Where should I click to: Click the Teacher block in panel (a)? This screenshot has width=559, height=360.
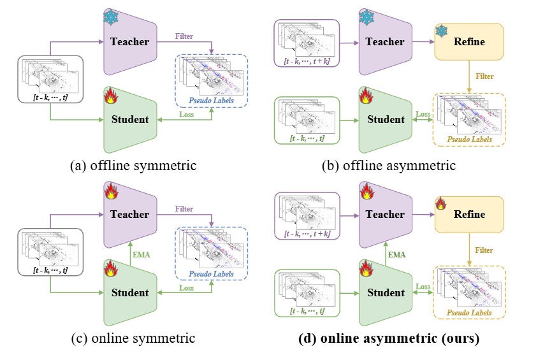130,42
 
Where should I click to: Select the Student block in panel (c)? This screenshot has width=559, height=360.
130,292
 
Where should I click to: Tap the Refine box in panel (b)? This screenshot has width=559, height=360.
468,42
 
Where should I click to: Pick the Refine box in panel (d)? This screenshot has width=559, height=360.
468,214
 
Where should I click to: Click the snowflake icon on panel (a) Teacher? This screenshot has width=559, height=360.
111,17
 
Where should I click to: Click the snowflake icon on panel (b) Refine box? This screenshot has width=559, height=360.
441,31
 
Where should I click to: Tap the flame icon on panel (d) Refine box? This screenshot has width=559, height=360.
440,203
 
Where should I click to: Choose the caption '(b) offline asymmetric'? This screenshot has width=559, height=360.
388,166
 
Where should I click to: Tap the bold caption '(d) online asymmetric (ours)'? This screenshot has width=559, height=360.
388,338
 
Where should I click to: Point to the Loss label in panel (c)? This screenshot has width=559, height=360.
187,287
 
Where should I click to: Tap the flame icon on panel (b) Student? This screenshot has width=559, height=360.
367,96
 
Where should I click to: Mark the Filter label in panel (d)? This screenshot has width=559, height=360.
484,250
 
